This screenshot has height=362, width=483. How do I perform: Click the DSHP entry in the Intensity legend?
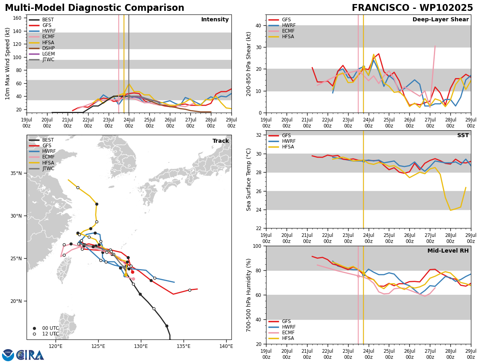pyautogui.click(x=41, y=48)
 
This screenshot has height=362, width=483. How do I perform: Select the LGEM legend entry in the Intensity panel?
pyautogui.click(x=41, y=54)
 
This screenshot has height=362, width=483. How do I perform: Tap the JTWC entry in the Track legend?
pyautogui.click(x=41, y=169)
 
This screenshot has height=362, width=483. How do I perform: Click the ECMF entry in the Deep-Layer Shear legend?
pyautogui.click(x=281, y=31)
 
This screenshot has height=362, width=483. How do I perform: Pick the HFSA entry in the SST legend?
pyautogui.click(x=281, y=147)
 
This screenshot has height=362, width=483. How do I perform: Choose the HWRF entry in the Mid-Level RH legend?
pyautogui.click(x=282, y=327)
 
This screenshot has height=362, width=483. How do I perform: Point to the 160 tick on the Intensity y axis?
pyautogui.click(x=17, y=18)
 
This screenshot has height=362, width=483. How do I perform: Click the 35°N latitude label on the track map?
pyautogui.click(x=16, y=173)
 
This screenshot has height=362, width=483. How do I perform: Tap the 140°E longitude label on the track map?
pyautogui.click(x=227, y=347)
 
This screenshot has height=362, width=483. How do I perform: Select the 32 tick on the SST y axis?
pyautogui.click(x=259, y=135)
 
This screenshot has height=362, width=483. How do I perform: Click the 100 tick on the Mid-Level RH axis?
pyautogui.click(x=258, y=246)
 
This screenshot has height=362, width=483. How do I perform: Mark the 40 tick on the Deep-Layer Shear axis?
pyautogui.click(x=258, y=25)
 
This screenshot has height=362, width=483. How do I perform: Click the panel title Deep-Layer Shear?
pyautogui.click(x=440, y=20)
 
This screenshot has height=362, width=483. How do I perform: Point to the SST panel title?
pyautogui.click(x=463, y=136)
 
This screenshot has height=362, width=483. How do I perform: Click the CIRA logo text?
pyautogui.click(x=30, y=355)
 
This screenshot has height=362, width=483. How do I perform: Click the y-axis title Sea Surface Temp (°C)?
pyautogui.click(x=248, y=180)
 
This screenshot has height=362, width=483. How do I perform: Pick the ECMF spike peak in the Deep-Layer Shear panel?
pyautogui.click(x=435, y=46)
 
